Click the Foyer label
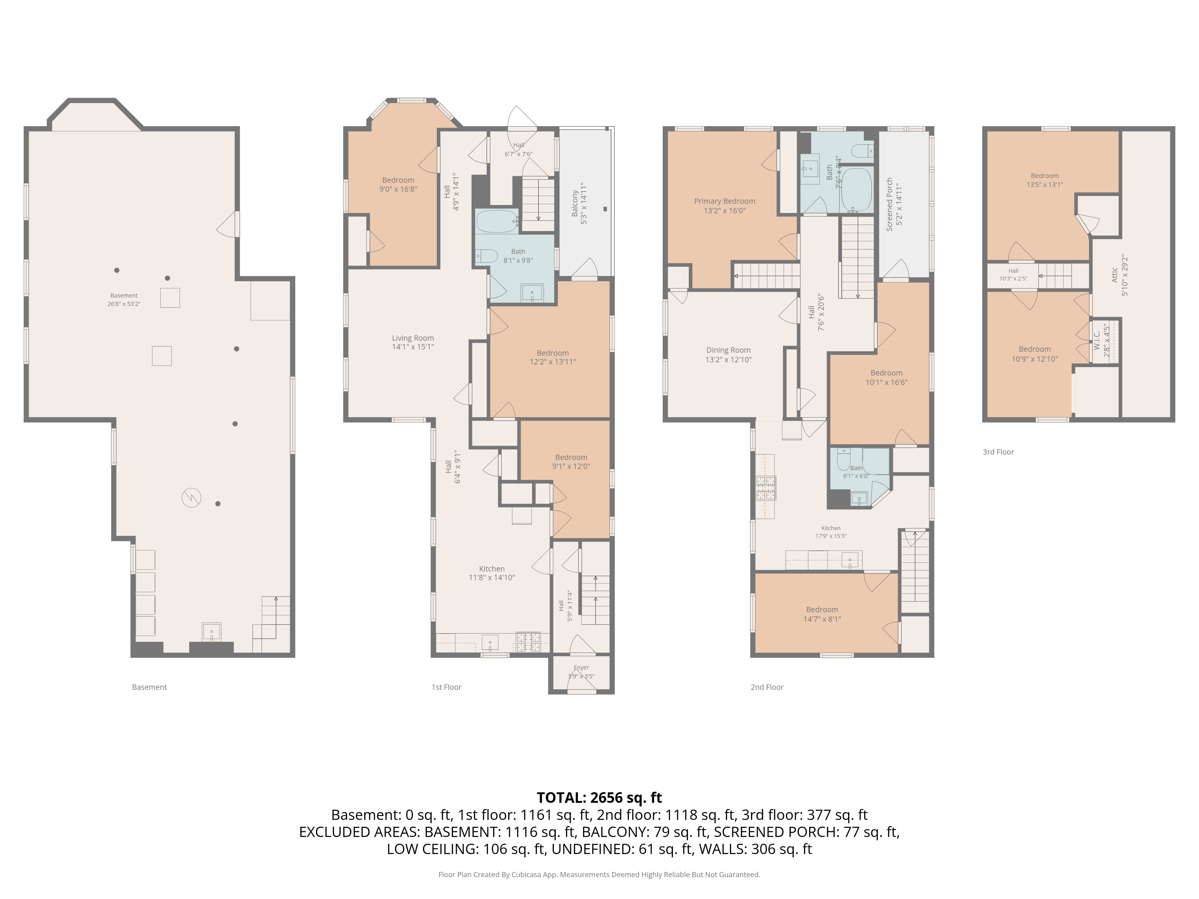[x=581, y=668]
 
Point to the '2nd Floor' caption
[x=767, y=687]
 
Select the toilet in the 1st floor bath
[x=487, y=256]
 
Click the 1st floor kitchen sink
[x=490, y=643]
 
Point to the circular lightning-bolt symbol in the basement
[x=191, y=497]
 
